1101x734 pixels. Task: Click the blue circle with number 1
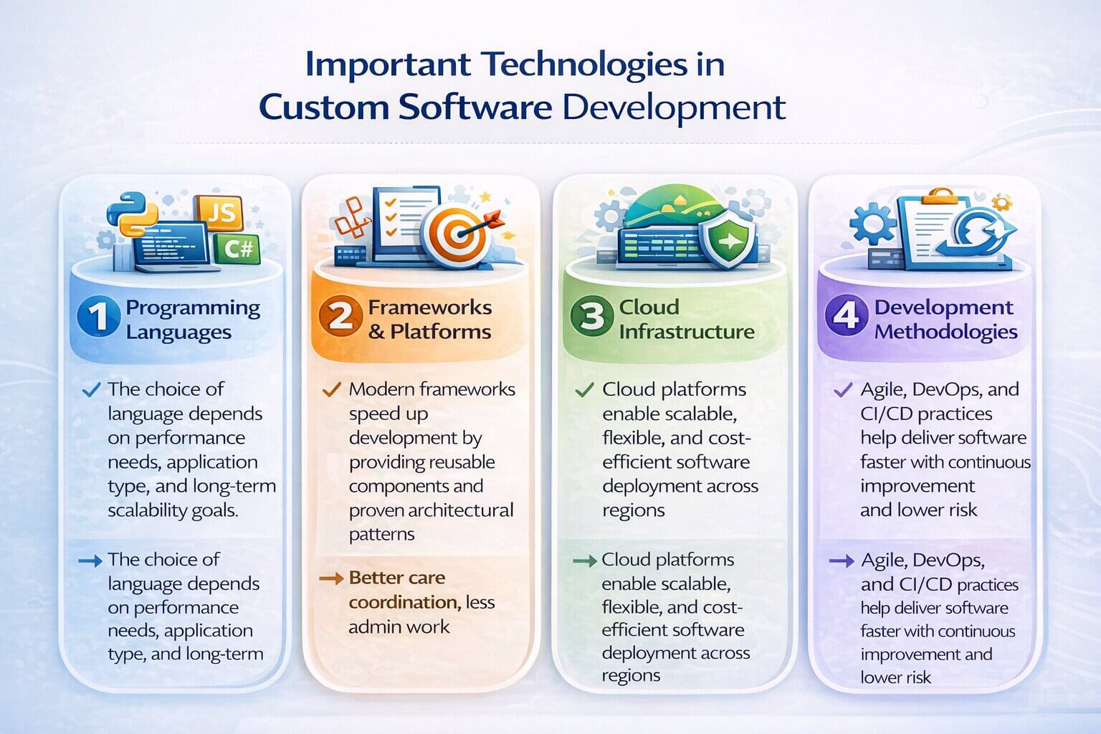[98, 316]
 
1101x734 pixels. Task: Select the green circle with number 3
[592, 316]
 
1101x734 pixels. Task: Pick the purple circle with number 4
[846, 316]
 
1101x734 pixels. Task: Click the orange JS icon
[219, 212]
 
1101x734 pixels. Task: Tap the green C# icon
[238, 248]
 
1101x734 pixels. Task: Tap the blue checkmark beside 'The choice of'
[92, 390]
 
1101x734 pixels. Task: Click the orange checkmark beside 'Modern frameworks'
[332, 390]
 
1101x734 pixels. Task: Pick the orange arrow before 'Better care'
[331, 578]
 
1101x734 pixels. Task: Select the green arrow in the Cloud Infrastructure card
[585, 561]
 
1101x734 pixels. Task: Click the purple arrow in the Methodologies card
[842, 561]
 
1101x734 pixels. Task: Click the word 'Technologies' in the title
[583, 65]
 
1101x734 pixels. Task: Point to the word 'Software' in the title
[475, 107]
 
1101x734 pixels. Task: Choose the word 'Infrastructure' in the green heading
[687, 332]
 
